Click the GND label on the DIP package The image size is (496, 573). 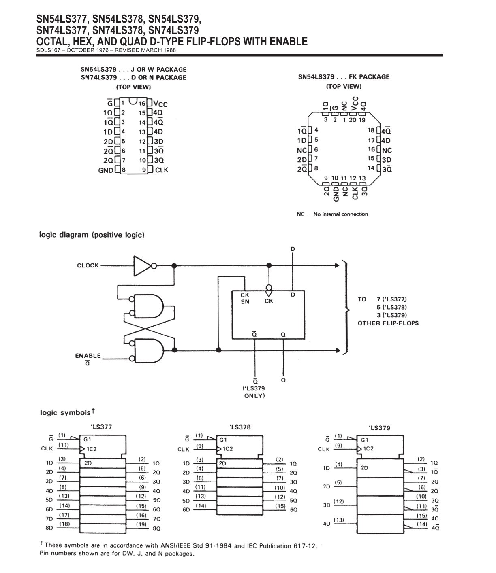click(106, 170)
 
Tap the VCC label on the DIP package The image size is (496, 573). click(160, 104)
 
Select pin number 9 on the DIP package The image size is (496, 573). click(144, 170)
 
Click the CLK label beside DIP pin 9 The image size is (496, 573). click(162, 170)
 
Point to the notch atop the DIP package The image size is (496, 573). click(133, 101)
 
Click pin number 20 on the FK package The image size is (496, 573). click(353, 120)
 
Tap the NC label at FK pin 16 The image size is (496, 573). click(387, 150)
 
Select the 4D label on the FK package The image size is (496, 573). click(386, 140)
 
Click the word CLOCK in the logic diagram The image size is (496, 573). click(88, 265)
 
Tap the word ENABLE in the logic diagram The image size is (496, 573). click(88, 356)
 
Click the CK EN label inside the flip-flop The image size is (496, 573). click(245, 298)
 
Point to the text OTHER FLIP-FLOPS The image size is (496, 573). click(388, 323)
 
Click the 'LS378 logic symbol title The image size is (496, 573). click(240, 427)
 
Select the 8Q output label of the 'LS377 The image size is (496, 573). click(156, 528)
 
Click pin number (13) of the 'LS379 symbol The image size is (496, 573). click(339, 520)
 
